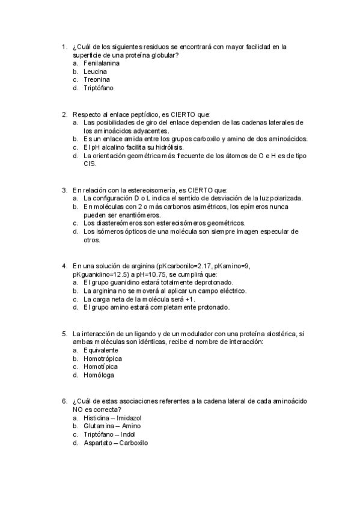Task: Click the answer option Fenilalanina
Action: [102, 63]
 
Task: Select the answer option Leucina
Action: [96, 71]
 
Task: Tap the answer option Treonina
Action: [97, 79]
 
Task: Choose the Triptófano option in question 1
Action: [99, 88]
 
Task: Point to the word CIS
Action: [90, 164]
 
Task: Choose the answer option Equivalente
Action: [101, 350]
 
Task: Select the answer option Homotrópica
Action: [102, 358]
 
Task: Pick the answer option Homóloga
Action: [99, 375]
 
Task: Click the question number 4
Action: [64, 265]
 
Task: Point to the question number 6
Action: [64, 401]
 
